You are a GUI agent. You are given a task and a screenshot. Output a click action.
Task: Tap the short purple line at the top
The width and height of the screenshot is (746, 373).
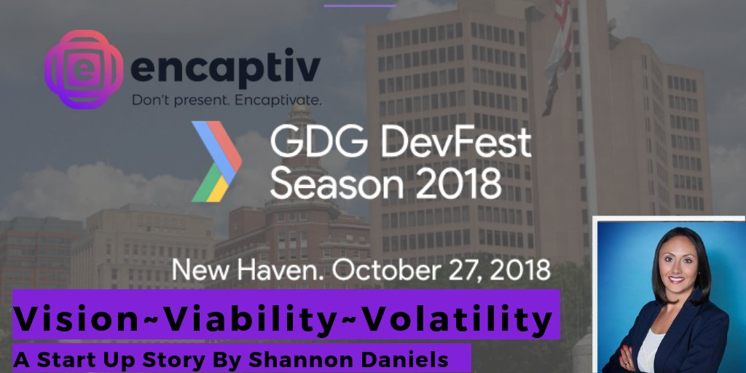coord(360,4)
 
